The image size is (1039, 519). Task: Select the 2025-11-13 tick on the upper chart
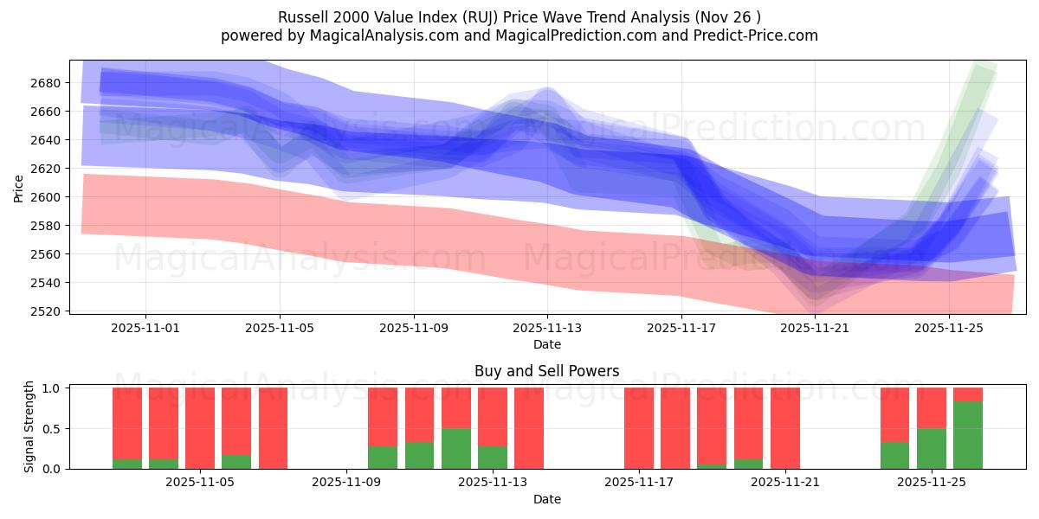point(547,328)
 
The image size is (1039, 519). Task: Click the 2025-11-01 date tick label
point(145,328)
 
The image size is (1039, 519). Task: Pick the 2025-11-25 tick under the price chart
point(949,328)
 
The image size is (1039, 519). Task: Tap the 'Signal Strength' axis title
point(29,426)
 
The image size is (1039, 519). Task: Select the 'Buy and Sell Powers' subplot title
point(546,371)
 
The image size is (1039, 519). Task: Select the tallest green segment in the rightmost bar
point(967,435)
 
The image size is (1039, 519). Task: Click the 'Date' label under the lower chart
point(546,499)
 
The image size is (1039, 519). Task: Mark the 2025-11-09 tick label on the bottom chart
point(346,483)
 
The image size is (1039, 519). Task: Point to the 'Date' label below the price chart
point(546,344)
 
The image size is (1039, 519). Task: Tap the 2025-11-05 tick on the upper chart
point(280,328)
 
